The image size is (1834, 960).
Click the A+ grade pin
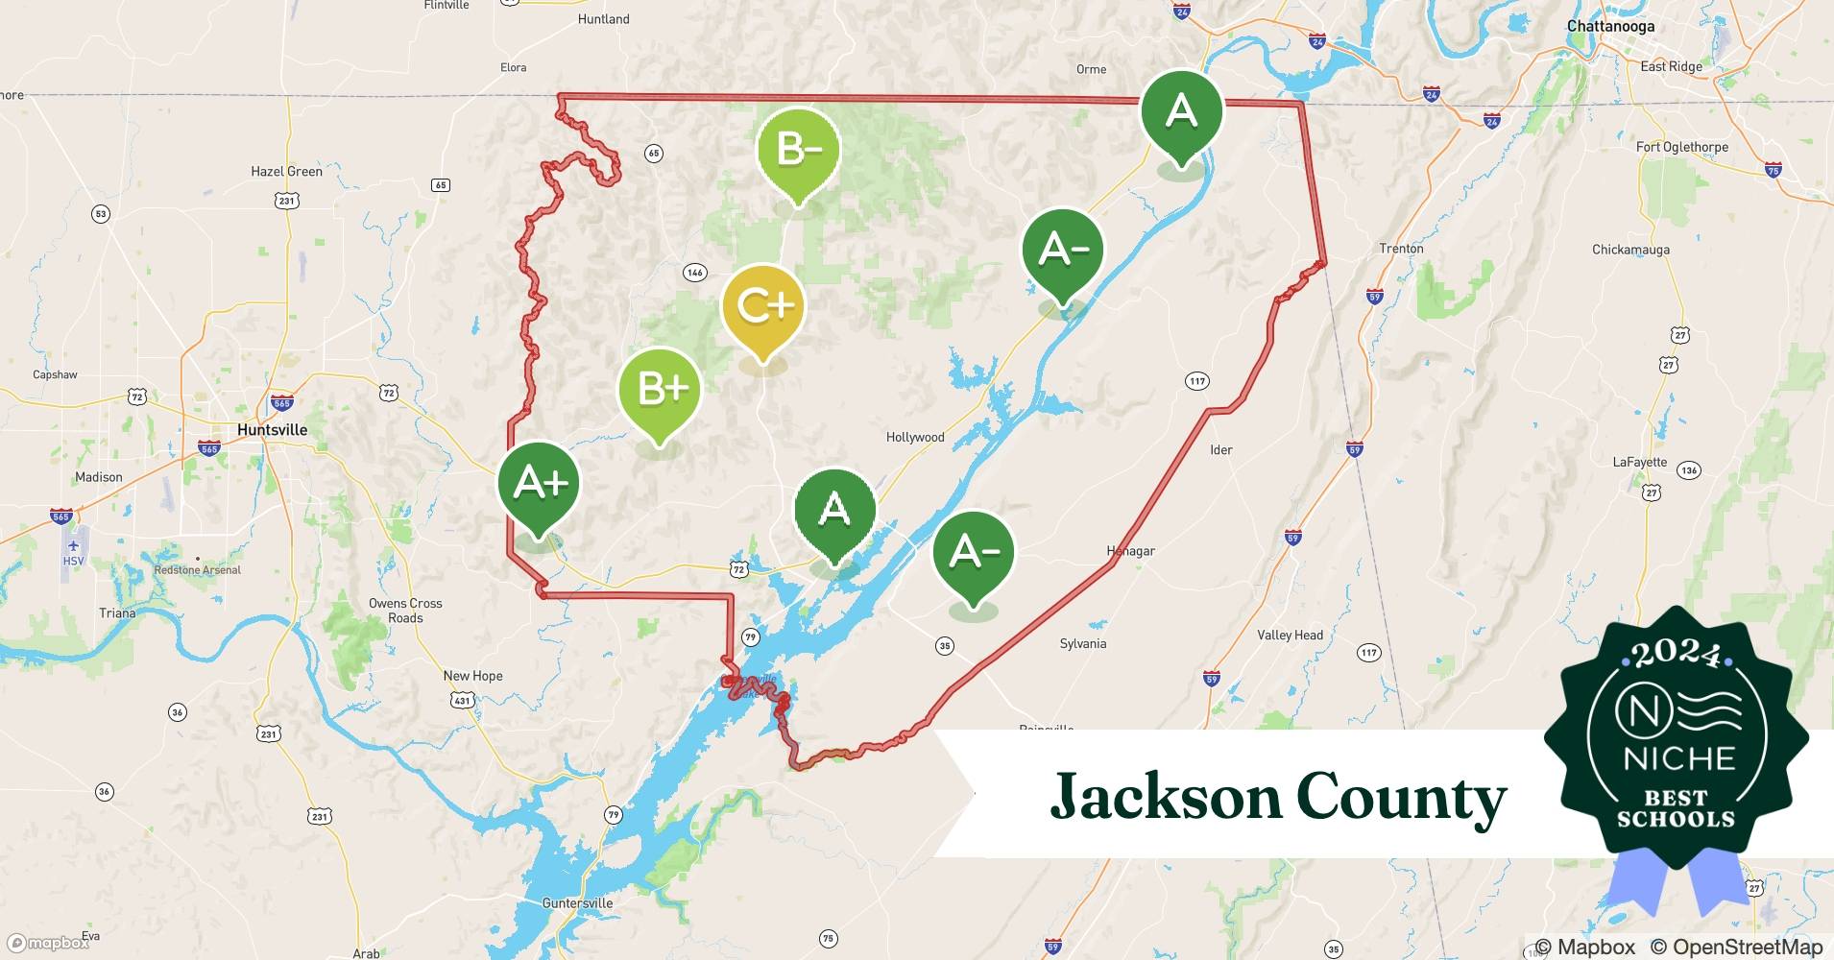pos(539,484)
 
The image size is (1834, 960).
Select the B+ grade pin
pos(660,390)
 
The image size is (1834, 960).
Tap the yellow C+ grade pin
pos(763,307)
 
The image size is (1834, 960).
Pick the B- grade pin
pos(798,151)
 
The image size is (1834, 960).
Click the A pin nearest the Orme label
pos(1181,113)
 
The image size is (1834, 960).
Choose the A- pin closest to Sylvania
pos(974,553)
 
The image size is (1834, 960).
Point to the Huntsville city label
pos(272,430)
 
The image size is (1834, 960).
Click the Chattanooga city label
pos(1610,26)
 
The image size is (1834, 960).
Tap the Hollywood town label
pos(915,438)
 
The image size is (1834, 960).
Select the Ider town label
pos(1220,449)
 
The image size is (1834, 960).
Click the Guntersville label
pos(577,903)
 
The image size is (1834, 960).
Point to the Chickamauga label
pos(1630,250)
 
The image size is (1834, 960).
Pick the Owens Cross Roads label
pos(405,611)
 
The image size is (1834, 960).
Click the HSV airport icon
pos(73,547)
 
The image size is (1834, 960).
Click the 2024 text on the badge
pos(1676,654)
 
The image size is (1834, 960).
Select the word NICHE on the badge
pos(1679,758)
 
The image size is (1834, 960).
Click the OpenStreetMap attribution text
pos(1736,947)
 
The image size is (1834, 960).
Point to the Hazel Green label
pos(286,172)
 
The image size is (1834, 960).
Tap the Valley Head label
pos(1290,636)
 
